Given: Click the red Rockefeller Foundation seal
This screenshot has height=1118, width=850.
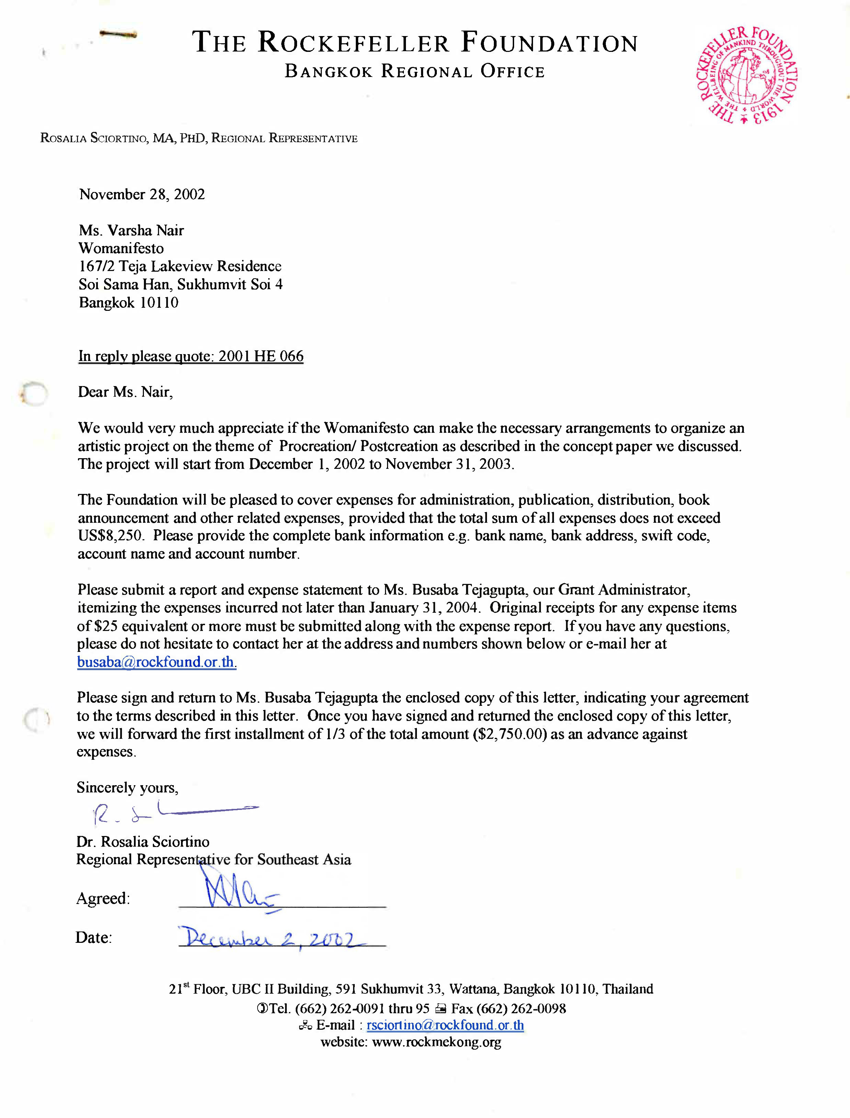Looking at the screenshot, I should coord(747,75).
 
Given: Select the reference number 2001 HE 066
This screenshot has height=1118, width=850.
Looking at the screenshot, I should coord(261,356).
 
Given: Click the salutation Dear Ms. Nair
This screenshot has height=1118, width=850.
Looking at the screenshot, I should coord(125,392).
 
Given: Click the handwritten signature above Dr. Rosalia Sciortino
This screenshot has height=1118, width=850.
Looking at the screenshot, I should coord(172,812).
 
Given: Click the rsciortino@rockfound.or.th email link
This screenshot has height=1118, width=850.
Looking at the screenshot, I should coord(445,1025).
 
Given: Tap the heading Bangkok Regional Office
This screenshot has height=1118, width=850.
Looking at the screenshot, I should coord(415,71).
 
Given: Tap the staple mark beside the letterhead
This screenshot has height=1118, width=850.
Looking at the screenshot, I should coord(118,34).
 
